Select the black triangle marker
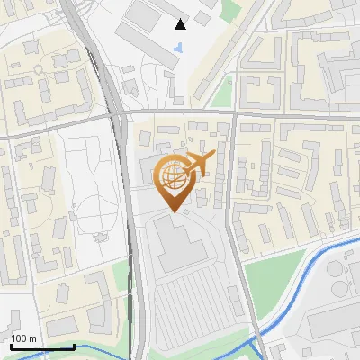click(181, 24)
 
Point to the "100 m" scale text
click(24, 338)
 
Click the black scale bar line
click(42, 346)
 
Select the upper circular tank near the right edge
click(338, 267)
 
